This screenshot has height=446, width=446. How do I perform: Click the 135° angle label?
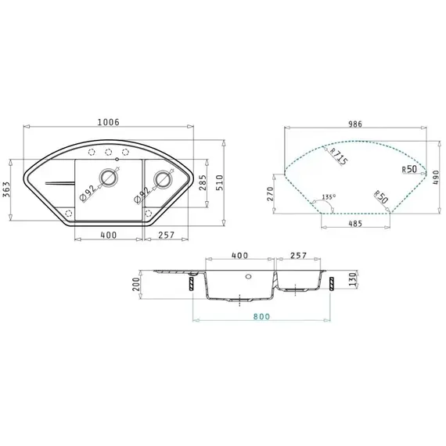point(328,196)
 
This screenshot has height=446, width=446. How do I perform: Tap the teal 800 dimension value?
point(261,317)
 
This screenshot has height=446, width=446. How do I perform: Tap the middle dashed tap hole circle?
point(109,152)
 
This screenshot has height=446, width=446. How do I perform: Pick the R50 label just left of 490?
point(408,168)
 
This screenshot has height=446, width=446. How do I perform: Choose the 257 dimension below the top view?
point(167,235)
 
